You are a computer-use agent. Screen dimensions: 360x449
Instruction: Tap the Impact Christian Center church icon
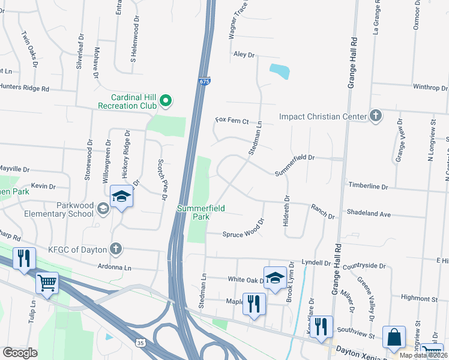click(x=376, y=116)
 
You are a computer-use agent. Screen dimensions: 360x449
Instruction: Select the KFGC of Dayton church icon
click(x=115, y=248)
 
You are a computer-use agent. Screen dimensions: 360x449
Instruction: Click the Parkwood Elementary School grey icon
click(x=103, y=208)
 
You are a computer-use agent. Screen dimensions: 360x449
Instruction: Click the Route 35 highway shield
click(x=140, y=343)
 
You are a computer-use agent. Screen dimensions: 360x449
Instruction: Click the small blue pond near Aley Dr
click(x=280, y=71)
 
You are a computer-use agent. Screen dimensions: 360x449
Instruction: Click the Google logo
click(x=20, y=353)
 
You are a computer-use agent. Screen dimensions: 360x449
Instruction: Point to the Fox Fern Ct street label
click(x=232, y=121)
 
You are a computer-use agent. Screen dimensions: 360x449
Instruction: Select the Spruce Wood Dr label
click(x=244, y=231)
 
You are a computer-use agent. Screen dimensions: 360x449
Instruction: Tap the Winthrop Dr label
click(x=430, y=88)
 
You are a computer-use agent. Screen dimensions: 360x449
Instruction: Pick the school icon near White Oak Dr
click(x=275, y=278)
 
